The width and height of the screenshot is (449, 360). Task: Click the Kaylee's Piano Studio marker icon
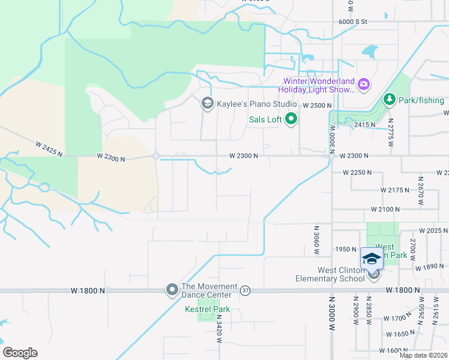pyautogui.click(x=207, y=104)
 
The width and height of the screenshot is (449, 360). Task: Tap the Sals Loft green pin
pyautogui.click(x=291, y=119)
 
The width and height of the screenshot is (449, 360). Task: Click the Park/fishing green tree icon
pyautogui.click(x=389, y=99)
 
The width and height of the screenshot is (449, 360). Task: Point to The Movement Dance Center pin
pyautogui.click(x=172, y=290)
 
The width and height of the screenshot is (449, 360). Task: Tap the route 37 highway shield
pyautogui.click(x=245, y=290)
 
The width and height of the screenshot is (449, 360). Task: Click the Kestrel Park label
pyautogui.click(x=208, y=310)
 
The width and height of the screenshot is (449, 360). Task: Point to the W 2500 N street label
pyautogui.click(x=318, y=106)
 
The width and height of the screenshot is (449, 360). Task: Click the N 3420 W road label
pyautogui.click(x=219, y=331)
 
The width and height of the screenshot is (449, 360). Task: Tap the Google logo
pyautogui.click(x=20, y=353)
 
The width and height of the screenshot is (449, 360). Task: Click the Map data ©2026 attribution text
pyautogui.click(x=424, y=355)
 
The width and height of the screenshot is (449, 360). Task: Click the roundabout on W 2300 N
pyautogui.click(x=156, y=157)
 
